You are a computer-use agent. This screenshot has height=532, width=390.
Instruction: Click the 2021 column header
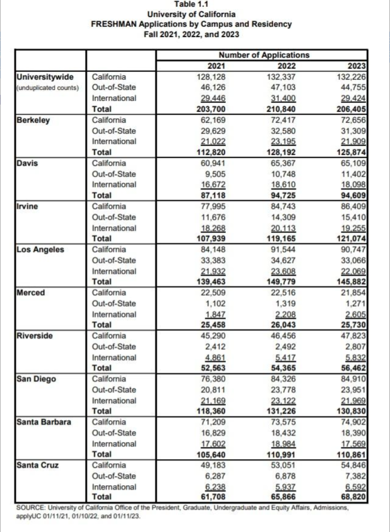217,66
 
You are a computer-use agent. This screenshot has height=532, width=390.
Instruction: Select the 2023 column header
357,66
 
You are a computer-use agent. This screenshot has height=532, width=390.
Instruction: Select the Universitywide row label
45,77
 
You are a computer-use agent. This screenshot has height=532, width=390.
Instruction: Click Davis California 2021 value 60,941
213,163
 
